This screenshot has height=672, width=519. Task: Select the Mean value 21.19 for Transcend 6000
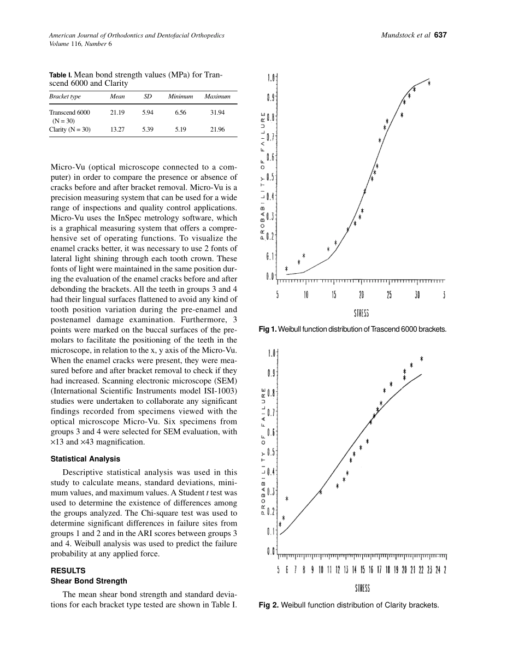pos(117,112)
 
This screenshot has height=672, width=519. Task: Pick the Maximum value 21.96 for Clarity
pos(217,129)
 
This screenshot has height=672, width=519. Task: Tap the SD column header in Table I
pos(148,97)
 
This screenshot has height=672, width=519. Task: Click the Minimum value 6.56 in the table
pos(180,112)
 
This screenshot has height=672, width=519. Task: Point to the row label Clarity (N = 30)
pos(70,129)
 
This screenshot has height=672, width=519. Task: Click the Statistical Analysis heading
pos(85,459)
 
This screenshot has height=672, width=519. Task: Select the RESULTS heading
pos(68,571)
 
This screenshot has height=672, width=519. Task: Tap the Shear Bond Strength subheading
pos(89,581)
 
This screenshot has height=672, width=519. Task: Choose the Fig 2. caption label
pos(269,605)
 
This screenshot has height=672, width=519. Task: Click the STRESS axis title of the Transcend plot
pos(362,313)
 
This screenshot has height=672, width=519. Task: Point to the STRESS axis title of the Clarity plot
pos(362,588)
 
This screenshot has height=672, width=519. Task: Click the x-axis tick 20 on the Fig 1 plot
pos(361,296)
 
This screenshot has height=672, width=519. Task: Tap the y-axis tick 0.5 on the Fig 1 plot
pos(270,177)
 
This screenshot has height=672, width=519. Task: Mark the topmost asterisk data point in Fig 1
pos(429,83)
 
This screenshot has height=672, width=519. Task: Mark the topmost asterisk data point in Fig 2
pos(422,358)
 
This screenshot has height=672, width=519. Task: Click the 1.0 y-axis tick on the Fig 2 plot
pos(271,353)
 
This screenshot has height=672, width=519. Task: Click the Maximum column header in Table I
pos(217,97)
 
